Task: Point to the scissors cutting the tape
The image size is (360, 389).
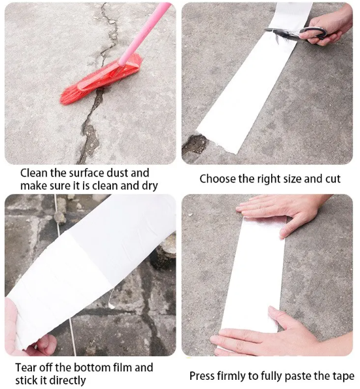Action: tap(297, 32)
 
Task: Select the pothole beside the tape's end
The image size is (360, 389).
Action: tap(194, 144)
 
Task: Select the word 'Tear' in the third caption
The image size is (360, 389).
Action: tap(26, 367)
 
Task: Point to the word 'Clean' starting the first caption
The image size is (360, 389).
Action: tap(34, 173)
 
